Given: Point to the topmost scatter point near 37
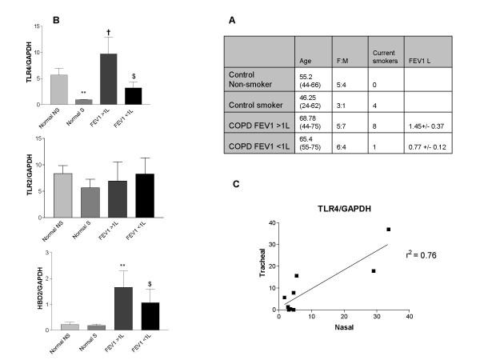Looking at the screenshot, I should click(x=389, y=230).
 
